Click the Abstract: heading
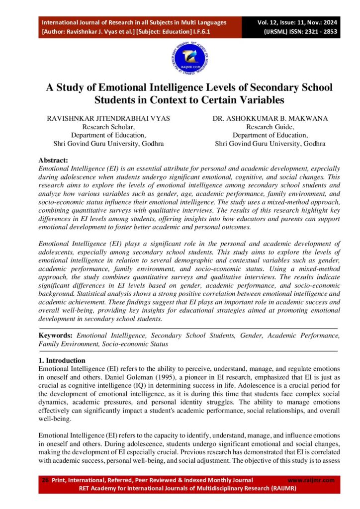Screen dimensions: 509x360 [54, 161]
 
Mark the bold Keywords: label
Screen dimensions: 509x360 [57, 336]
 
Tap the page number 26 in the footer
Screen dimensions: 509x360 [45, 480]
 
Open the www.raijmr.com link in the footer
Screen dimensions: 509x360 [311, 480]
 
